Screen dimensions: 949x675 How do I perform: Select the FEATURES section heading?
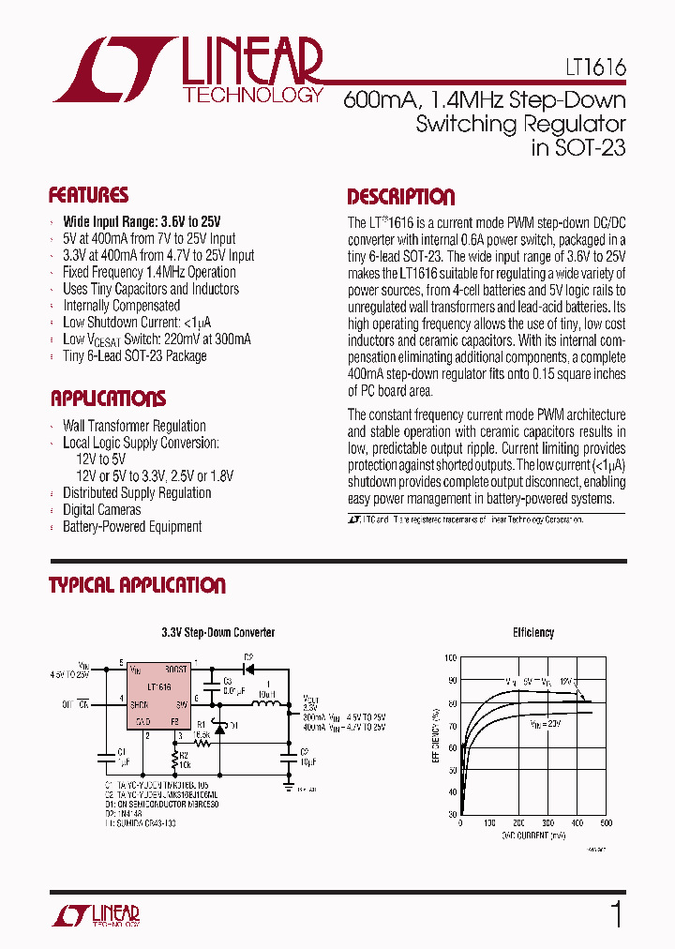click(x=88, y=196)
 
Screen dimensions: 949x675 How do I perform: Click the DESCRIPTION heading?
click(x=400, y=197)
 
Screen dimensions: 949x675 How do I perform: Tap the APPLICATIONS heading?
click(x=108, y=399)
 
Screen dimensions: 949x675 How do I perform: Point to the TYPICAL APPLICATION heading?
click(x=137, y=586)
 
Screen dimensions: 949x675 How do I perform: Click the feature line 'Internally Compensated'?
click(x=121, y=306)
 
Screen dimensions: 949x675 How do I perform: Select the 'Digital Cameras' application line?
click(x=101, y=510)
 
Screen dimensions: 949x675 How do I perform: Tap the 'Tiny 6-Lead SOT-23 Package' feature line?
click(x=134, y=356)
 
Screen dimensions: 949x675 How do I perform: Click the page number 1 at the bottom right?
click(x=616, y=914)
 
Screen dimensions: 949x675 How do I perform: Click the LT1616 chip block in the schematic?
click(x=158, y=695)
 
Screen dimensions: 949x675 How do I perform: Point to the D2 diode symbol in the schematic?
click(x=249, y=670)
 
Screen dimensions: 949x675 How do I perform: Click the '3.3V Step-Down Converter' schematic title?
click(x=217, y=633)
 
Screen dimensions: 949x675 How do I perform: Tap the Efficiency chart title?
click(x=532, y=633)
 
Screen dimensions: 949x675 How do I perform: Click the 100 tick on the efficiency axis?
click(x=451, y=659)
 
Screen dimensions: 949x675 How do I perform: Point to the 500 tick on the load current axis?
click(x=605, y=823)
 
